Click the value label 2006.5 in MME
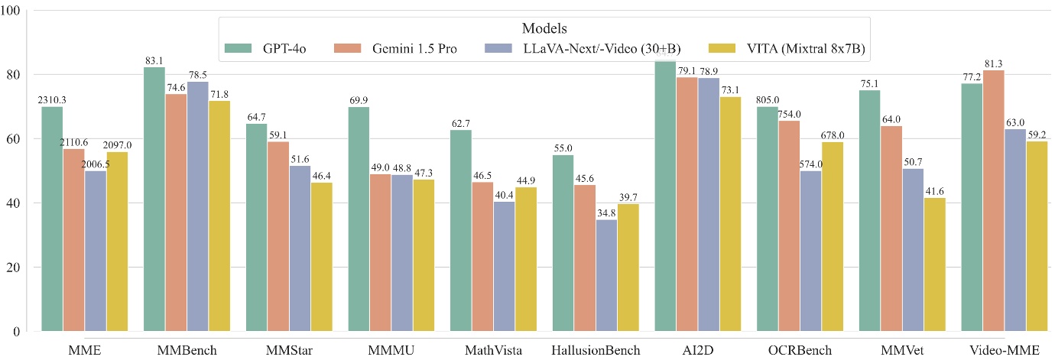[x=96, y=163]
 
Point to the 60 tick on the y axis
[x=16, y=139]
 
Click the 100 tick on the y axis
[x=13, y=11]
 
